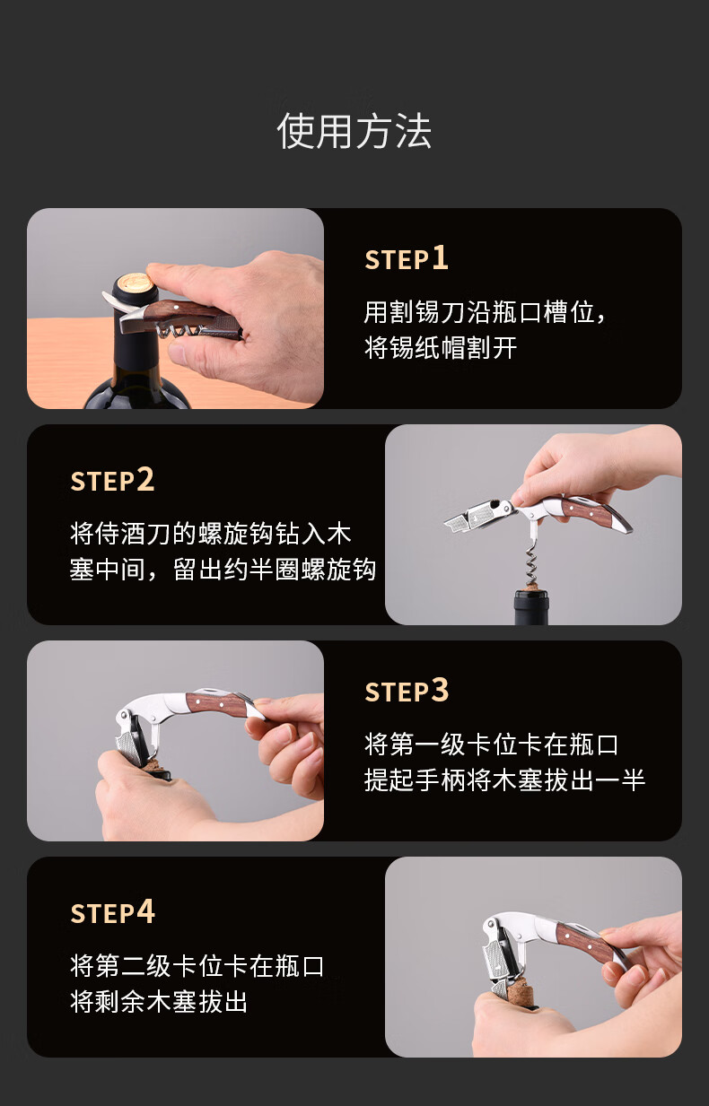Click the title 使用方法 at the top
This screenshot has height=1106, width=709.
pos(354,131)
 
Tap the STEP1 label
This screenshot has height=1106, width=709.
pos(407,258)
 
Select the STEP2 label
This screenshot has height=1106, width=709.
pos(112,479)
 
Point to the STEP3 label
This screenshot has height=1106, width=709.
pos(407,690)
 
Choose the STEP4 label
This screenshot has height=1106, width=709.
pos(113,911)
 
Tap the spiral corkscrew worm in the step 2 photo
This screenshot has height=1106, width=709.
pos(531,560)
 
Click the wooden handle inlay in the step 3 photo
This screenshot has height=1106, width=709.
pos(214,703)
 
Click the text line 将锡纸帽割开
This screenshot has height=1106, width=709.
pos(441,348)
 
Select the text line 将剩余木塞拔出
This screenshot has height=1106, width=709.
pos(158,1001)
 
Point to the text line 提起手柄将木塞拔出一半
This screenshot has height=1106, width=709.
pos(504,780)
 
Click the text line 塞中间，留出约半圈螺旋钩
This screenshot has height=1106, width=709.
pos(223,570)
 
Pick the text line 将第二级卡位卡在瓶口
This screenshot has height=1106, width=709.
pos(197,965)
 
